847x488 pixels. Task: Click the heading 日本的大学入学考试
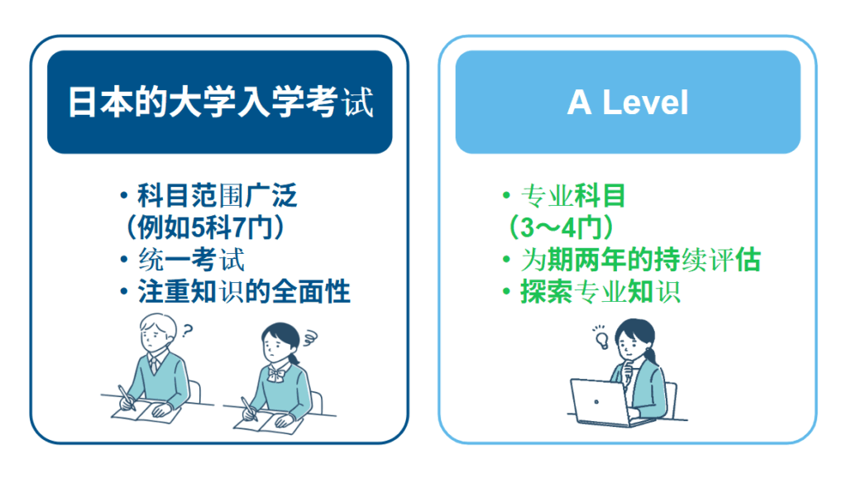click(x=219, y=103)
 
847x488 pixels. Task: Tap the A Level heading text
click(x=628, y=103)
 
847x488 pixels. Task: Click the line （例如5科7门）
click(x=205, y=227)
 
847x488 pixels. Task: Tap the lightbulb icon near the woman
click(x=601, y=337)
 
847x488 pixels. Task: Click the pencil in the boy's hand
click(x=125, y=395)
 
